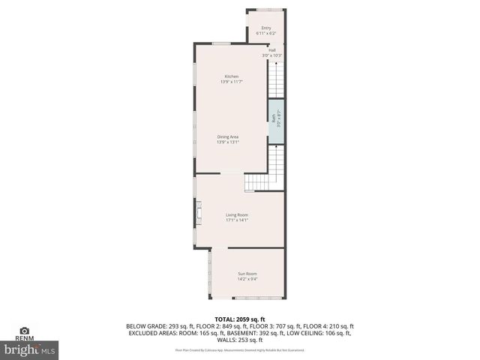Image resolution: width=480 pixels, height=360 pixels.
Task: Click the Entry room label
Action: tap(266, 28)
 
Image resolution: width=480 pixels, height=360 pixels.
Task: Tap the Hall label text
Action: tap(272, 50)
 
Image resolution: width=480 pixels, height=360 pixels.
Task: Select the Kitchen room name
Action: tap(231, 76)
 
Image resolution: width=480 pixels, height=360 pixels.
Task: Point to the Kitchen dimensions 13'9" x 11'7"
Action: tap(231, 82)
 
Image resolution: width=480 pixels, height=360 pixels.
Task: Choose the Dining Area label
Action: tap(228, 136)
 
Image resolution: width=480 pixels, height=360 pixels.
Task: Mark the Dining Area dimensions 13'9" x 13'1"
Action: tap(228, 142)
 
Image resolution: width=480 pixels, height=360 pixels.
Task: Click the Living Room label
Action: tap(237, 215)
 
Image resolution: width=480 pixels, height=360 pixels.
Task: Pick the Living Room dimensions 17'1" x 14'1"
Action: tap(237, 220)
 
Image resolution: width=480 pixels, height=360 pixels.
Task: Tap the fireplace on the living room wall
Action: tap(198, 213)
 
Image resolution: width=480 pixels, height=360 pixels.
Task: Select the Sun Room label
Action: tap(247, 273)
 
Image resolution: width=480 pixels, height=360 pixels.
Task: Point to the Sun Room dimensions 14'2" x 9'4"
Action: tap(247, 278)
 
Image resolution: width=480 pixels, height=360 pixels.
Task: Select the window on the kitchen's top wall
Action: tap(220, 43)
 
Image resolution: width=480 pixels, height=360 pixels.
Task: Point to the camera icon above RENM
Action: tap(25, 331)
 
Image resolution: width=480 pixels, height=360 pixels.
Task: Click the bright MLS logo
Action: tap(30, 349)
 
